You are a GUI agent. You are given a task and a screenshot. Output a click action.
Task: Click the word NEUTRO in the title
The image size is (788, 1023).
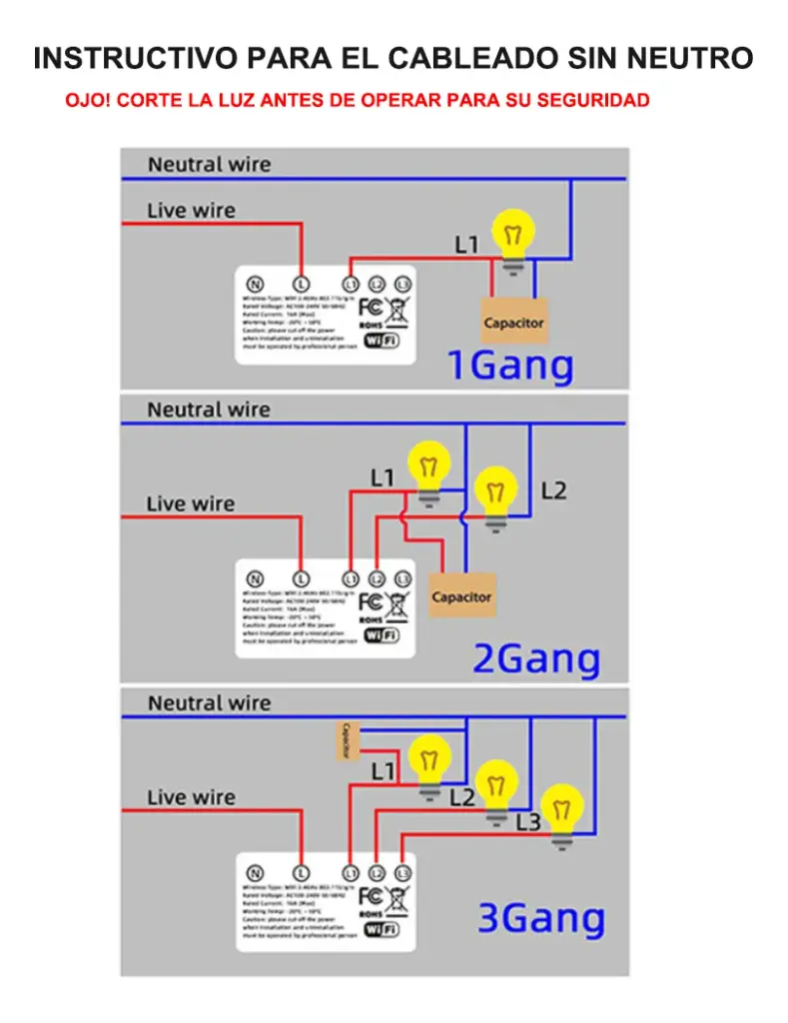click(689, 58)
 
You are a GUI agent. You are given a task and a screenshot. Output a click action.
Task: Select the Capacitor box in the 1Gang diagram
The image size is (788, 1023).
click(513, 322)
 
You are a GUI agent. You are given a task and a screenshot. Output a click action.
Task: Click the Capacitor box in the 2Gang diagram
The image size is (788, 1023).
click(460, 596)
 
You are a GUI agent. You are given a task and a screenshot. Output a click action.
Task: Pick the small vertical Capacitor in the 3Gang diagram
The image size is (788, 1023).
click(345, 740)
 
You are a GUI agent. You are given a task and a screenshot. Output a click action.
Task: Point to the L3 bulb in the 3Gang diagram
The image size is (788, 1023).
click(562, 812)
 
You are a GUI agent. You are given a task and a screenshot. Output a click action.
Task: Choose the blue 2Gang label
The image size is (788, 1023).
click(536, 659)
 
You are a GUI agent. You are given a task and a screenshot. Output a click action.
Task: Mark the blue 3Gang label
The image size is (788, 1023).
click(540, 918)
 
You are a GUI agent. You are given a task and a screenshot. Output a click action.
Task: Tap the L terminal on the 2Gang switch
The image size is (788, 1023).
click(301, 578)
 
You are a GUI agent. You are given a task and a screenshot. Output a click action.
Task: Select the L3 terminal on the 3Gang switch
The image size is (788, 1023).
click(402, 872)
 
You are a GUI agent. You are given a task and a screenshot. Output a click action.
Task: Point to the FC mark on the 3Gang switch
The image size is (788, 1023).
click(371, 895)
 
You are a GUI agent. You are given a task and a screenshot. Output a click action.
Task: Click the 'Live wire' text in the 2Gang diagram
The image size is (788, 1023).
click(191, 505)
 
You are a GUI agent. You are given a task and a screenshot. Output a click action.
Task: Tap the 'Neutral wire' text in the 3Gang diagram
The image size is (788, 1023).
click(209, 703)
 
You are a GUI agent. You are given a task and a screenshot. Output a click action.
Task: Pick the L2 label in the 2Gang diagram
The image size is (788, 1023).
click(553, 491)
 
